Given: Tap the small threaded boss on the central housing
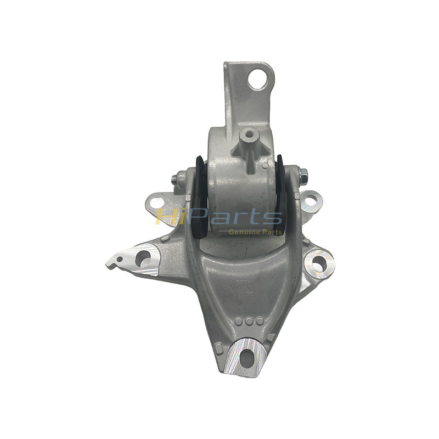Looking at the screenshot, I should (250, 133).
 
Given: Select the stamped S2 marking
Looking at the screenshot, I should (250, 294).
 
